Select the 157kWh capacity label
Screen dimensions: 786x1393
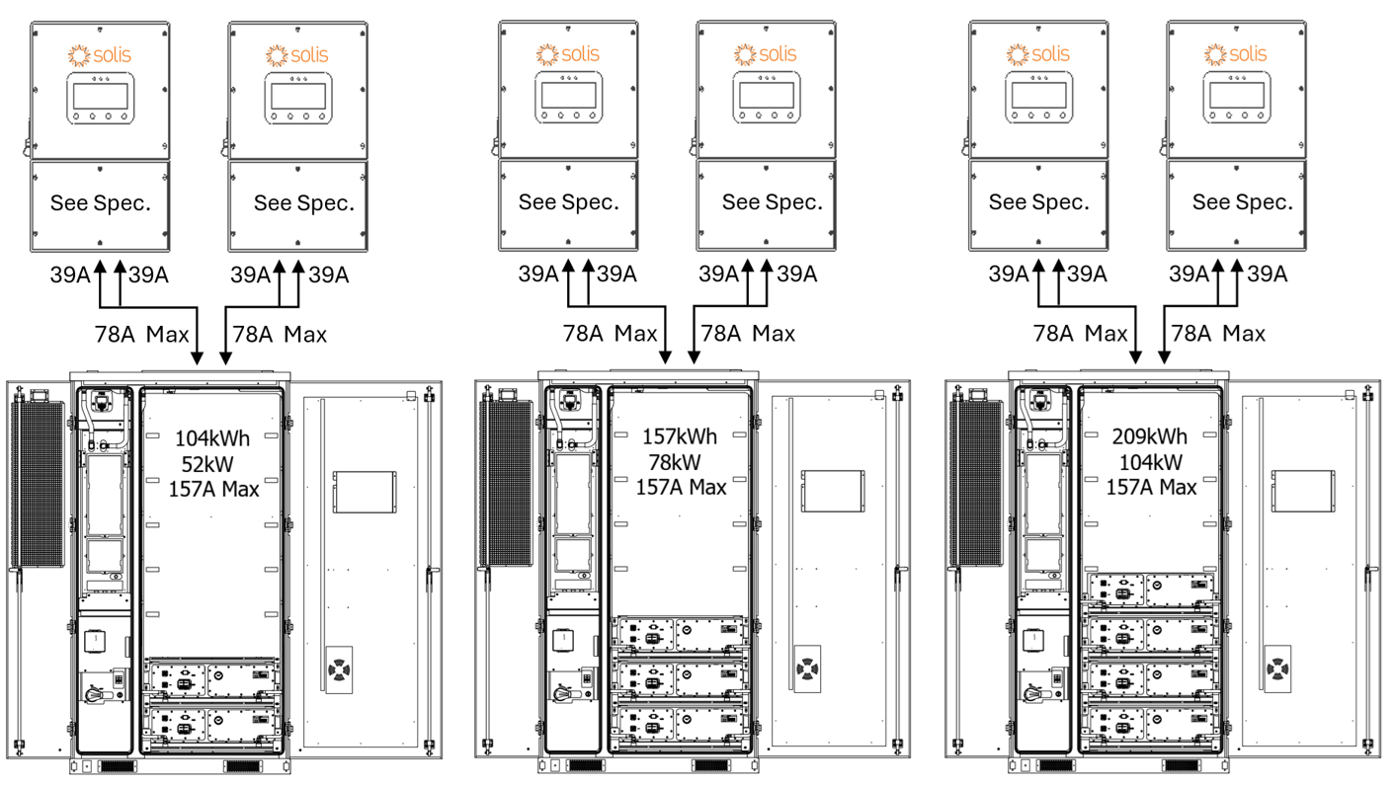coord(681,436)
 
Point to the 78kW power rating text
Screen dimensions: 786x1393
coord(675,462)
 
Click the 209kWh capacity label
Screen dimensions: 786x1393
coord(1150,436)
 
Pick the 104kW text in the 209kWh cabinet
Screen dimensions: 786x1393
coord(1148,462)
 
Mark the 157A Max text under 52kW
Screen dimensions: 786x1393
coord(213,488)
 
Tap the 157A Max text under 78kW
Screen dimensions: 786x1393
coord(681,487)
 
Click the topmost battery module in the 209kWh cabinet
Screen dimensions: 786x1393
coord(1150,589)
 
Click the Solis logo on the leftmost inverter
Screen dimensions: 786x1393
coord(99,55)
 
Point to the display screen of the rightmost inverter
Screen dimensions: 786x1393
coord(1235,97)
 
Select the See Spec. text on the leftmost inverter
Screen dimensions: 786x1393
coord(100,203)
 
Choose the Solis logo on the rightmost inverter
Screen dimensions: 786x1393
coord(1235,54)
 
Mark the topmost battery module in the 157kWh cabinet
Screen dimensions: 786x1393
coord(681,633)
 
